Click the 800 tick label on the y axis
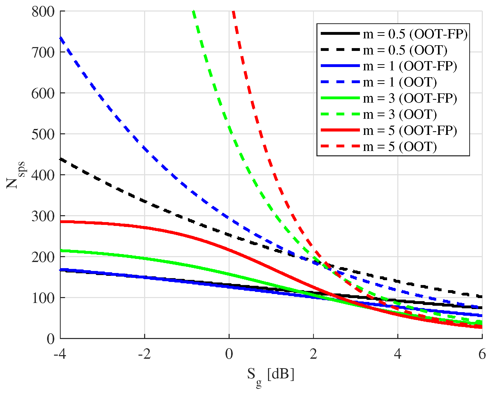coord(43,12)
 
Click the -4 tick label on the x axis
coord(60,354)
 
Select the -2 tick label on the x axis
coord(144,354)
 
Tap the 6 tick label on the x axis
coord(482,354)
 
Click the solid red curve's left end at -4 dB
coord(61,222)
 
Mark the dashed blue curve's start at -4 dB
coord(61,38)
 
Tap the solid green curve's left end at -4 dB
coord(61,250)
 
